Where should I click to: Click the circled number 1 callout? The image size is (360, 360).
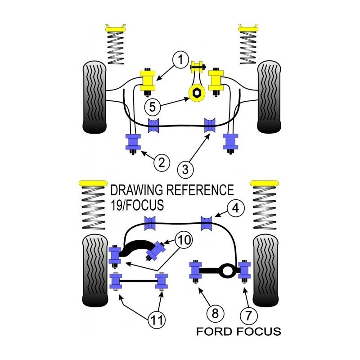(x=180, y=59)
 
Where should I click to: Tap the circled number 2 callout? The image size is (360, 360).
(x=162, y=162)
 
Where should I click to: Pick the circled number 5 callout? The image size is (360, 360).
(x=153, y=107)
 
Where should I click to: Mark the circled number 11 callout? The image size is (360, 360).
(x=157, y=319)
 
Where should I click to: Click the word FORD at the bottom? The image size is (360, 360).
(x=214, y=332)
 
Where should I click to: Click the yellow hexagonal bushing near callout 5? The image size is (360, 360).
(x=196, y=93)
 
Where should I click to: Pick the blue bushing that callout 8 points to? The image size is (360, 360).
(x=196, y=270)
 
